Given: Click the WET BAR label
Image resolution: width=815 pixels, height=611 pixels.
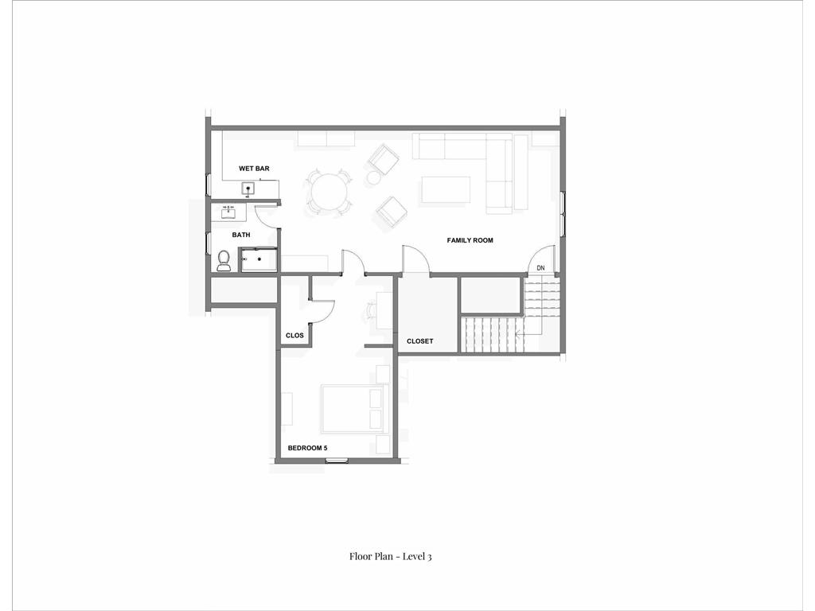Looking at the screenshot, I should pyautogui.click(x=254, y=169).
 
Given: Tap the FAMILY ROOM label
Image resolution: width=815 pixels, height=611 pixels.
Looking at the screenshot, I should pyautogui.click(x=470, y=240).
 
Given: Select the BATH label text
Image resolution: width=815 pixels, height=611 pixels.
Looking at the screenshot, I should pyautogui.click(x=241, y=235).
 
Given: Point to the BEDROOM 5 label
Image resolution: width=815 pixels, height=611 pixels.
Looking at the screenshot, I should pyautogui.click(x=307, y=449).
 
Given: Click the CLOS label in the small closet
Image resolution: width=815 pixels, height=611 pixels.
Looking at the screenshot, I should pyautogui.click(x=294, y=336).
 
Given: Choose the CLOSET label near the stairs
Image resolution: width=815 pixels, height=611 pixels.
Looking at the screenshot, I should pyautogui.click(x=420, y=341).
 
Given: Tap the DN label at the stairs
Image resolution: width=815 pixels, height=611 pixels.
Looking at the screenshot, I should pyautogui.click(x=540, y=269).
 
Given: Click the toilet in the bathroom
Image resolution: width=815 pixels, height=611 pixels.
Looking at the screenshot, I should pyautogui.click(x=224, y=259).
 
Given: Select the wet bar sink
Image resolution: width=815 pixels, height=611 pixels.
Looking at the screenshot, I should pyautogui.click(x=248, y=189).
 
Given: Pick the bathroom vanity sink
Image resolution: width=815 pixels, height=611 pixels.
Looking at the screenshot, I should pyautogui.click(x=228, y=212).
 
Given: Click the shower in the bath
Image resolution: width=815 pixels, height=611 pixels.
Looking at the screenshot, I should pyautogui.click(x=259, y=259).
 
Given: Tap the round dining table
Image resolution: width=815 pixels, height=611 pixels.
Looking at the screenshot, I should pyautogui.click(x=329, y=192).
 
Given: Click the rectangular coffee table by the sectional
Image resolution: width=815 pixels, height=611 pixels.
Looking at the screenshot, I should pyautogui.click(x=446, y=189).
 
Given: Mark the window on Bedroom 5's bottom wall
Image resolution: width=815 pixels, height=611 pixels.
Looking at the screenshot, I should pyautogui.click(x=337, y=461).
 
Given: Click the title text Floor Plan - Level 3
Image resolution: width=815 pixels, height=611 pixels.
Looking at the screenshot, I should pyautogui.click(x=390, y=556).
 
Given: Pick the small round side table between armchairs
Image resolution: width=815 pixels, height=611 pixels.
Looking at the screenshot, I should pyautogui.click(x=374, y=178).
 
